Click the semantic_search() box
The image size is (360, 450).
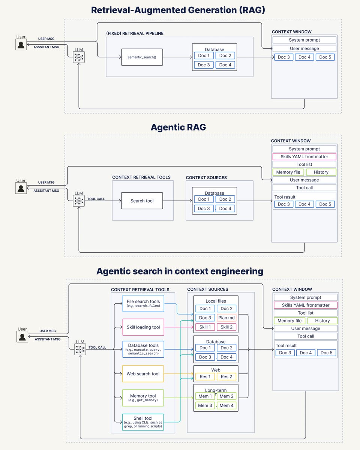142,57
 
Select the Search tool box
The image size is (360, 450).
142,201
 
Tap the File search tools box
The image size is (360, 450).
143,303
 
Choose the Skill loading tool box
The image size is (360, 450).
143,327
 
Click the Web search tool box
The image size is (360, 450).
143,373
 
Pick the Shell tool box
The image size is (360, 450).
143,422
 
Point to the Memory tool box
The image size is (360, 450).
143,398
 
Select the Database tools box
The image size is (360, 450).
143,349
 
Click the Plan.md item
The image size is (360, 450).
226,318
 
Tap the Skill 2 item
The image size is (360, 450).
226,327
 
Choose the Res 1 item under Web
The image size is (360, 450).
205,376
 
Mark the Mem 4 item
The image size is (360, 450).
226,405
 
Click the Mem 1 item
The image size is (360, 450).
205,396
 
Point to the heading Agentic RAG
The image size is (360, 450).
178,127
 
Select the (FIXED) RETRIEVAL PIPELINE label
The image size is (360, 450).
135,33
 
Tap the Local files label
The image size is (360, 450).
216,301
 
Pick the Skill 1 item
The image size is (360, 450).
205,327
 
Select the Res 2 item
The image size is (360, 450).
226,376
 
